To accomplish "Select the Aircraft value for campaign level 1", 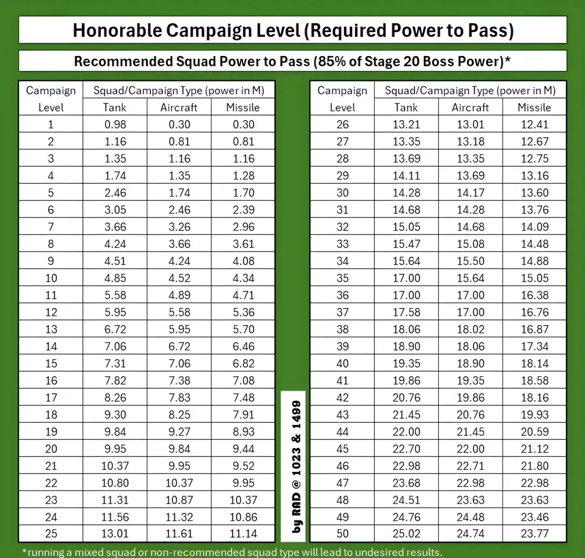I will (x=178, y=124).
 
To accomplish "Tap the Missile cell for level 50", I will (x=534, y=534).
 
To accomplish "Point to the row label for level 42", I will (x=342, y=397).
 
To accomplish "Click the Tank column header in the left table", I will (x=115, y=107).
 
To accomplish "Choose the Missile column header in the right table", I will (x=534, y=107).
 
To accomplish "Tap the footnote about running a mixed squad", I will (x=231, y=552).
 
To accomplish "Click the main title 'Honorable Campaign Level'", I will (x=293, y=31).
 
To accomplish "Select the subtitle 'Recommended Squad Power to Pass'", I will (x=293, y=61).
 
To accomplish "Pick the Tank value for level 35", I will (x=406, y=278).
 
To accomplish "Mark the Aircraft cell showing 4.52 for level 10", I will (x=178, y=278).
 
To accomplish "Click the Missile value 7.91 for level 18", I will (x=243, y=415).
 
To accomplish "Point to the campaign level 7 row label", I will (x=51, y=227).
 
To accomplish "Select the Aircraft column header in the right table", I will (x=470, y=107).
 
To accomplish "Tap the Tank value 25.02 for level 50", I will (x=406, y=534).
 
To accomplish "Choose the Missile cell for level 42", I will (x=534, y=397).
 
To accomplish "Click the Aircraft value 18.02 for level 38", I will (x=470, y=329).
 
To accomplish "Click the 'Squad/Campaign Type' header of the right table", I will (x=470, y=90).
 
